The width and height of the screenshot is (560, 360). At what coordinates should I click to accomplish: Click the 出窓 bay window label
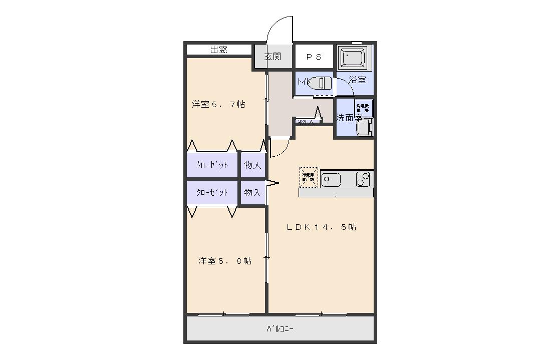coord(218,50)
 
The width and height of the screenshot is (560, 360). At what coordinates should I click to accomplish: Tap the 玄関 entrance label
coord(272,56)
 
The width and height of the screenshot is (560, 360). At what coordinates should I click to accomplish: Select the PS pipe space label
coord(314,57)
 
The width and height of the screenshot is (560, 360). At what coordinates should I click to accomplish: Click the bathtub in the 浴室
coord(354,57)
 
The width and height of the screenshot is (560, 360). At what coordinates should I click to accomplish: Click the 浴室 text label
coord(357,80)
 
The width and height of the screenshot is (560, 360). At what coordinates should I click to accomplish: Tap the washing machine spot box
coord(364,108)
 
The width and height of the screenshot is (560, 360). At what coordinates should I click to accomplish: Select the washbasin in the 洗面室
coord(364,127)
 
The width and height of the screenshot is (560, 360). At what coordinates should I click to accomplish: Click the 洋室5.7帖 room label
coord(218,105)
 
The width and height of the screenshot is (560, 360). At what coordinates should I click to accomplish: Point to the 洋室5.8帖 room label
coord(224,261)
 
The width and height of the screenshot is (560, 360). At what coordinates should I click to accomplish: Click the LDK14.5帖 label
coord(321,227)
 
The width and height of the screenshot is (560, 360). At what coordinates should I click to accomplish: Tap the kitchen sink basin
coord(331,179)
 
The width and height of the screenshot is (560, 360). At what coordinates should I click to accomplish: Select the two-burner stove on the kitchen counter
coord(363,179)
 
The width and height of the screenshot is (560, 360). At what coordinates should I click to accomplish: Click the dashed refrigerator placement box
coord(309,177)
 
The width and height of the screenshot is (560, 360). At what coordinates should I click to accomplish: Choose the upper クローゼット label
coord(212,165)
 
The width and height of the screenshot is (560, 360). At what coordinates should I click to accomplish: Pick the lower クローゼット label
coord(212,193)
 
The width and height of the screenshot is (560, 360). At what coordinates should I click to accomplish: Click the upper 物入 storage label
coord(252,165)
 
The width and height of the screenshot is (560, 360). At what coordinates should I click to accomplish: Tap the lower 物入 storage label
coord(252,193)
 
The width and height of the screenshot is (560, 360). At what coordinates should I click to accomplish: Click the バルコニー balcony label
coord(279,329)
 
